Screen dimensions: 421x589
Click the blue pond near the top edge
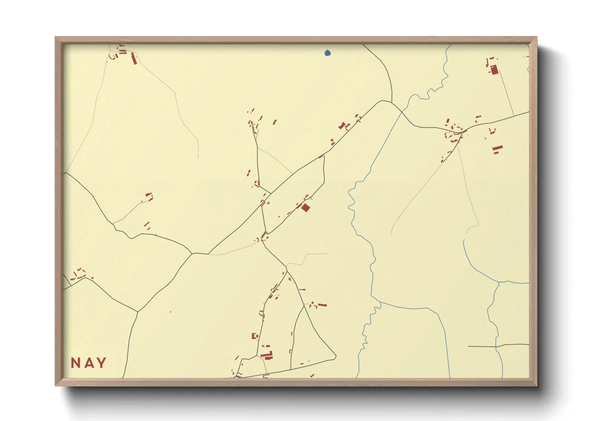tap(328, 53)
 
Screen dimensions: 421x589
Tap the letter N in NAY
tap(76, 363)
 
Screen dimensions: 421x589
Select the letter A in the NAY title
tap(88, 363)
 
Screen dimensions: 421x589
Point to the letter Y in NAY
tap(101, 363)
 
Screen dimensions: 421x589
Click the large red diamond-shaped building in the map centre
tap(306, 208)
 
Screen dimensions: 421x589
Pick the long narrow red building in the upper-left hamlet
tap(134, 59)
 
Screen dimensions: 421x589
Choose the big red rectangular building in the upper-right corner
tap(494, 70)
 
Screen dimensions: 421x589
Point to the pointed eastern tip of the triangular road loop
tap(335, 357)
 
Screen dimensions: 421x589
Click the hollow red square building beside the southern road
tap(255, 336)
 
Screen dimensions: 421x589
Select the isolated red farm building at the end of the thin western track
tap(149, 197)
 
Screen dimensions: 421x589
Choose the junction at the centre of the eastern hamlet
tap(462, 131)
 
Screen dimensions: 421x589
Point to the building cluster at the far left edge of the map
tap(78, 274)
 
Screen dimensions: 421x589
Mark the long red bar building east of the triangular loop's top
tap(322, 305)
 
